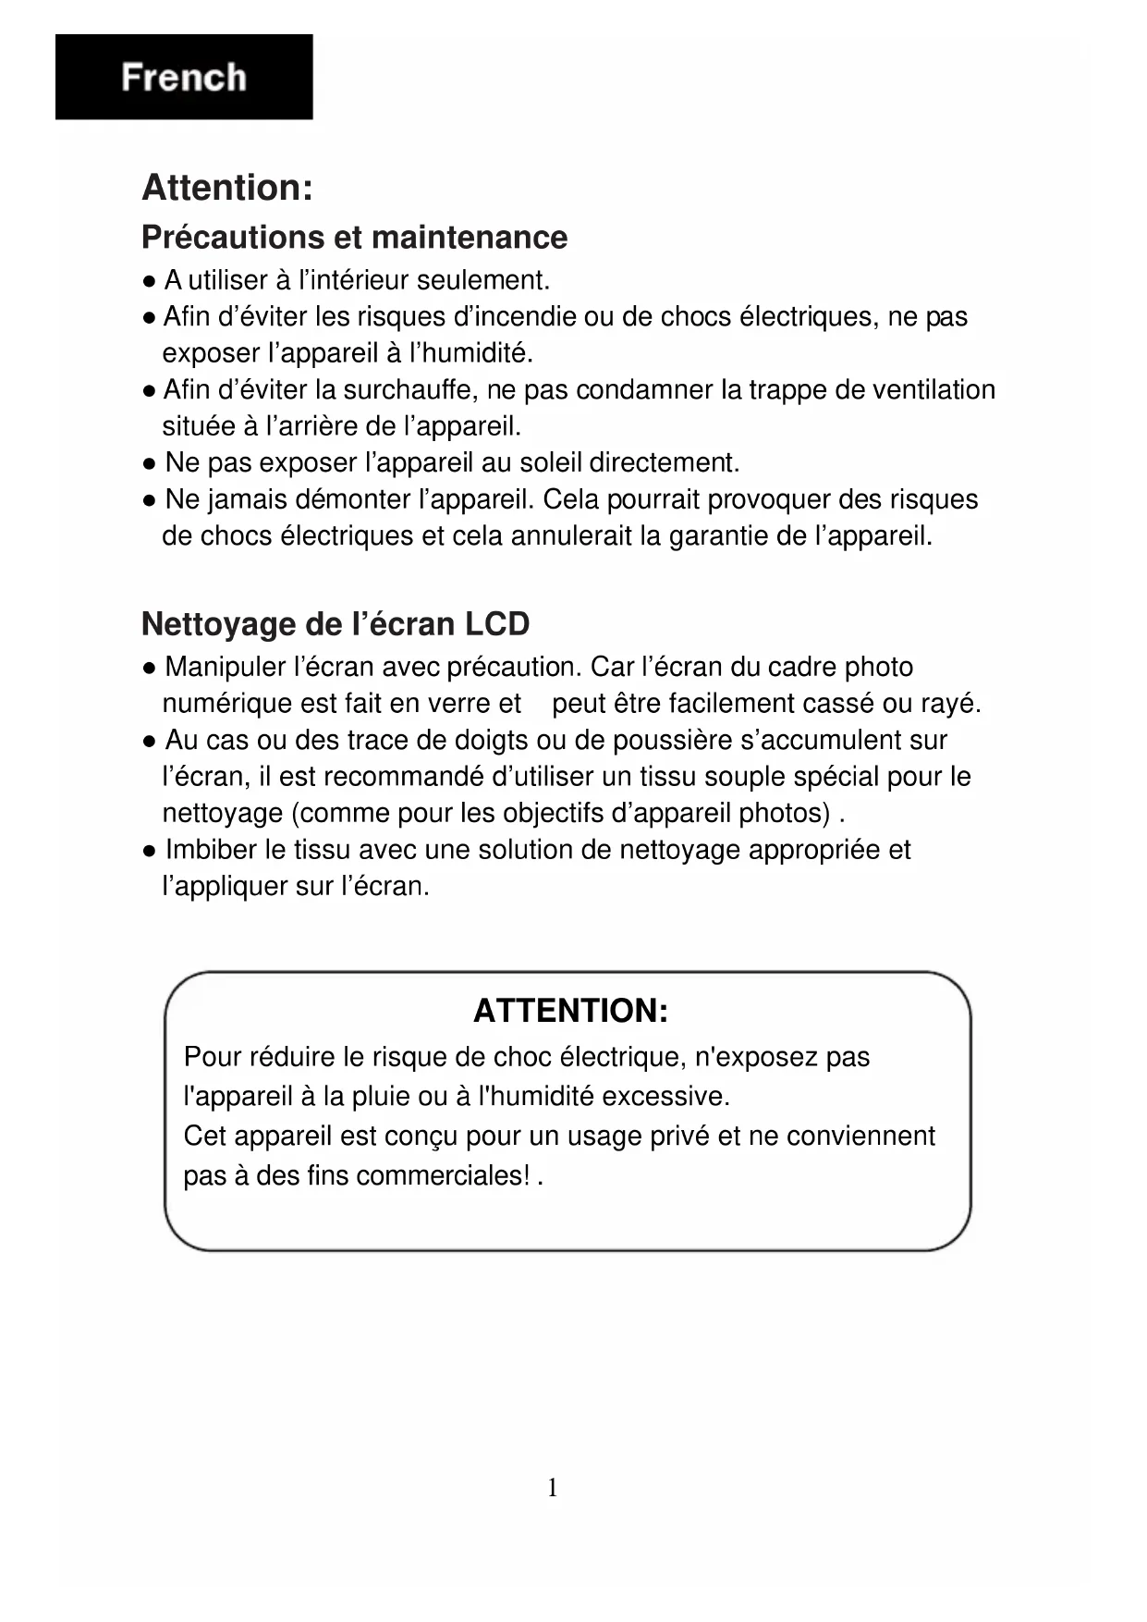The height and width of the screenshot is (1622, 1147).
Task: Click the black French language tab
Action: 184,77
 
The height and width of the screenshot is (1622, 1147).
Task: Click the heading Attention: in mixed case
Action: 227,188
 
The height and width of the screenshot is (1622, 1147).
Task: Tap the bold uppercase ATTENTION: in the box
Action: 570,1011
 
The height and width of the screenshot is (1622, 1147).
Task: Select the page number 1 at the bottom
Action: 553,1488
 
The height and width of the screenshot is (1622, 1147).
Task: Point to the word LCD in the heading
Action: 496,624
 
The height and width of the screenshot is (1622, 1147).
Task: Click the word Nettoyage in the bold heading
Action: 218,624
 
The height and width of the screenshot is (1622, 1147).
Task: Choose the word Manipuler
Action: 226,668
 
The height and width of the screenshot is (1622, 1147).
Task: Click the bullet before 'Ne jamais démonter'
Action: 150,500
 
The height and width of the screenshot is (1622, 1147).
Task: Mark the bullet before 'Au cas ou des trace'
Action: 150,741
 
